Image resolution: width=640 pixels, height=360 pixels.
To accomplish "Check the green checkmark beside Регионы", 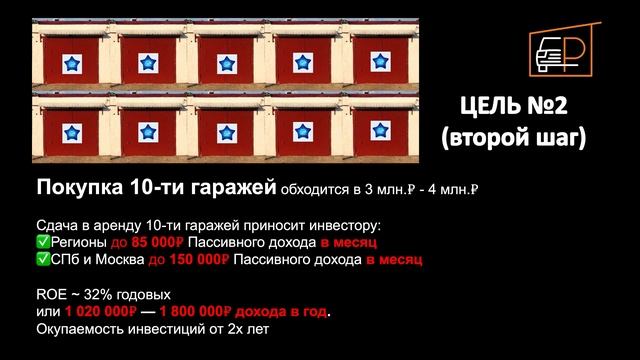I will [x=42, y=243].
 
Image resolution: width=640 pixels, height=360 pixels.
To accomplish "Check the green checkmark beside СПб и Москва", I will [x=42, y=260].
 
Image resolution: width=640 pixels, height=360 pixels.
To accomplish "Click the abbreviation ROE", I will [x=52, y=296].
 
